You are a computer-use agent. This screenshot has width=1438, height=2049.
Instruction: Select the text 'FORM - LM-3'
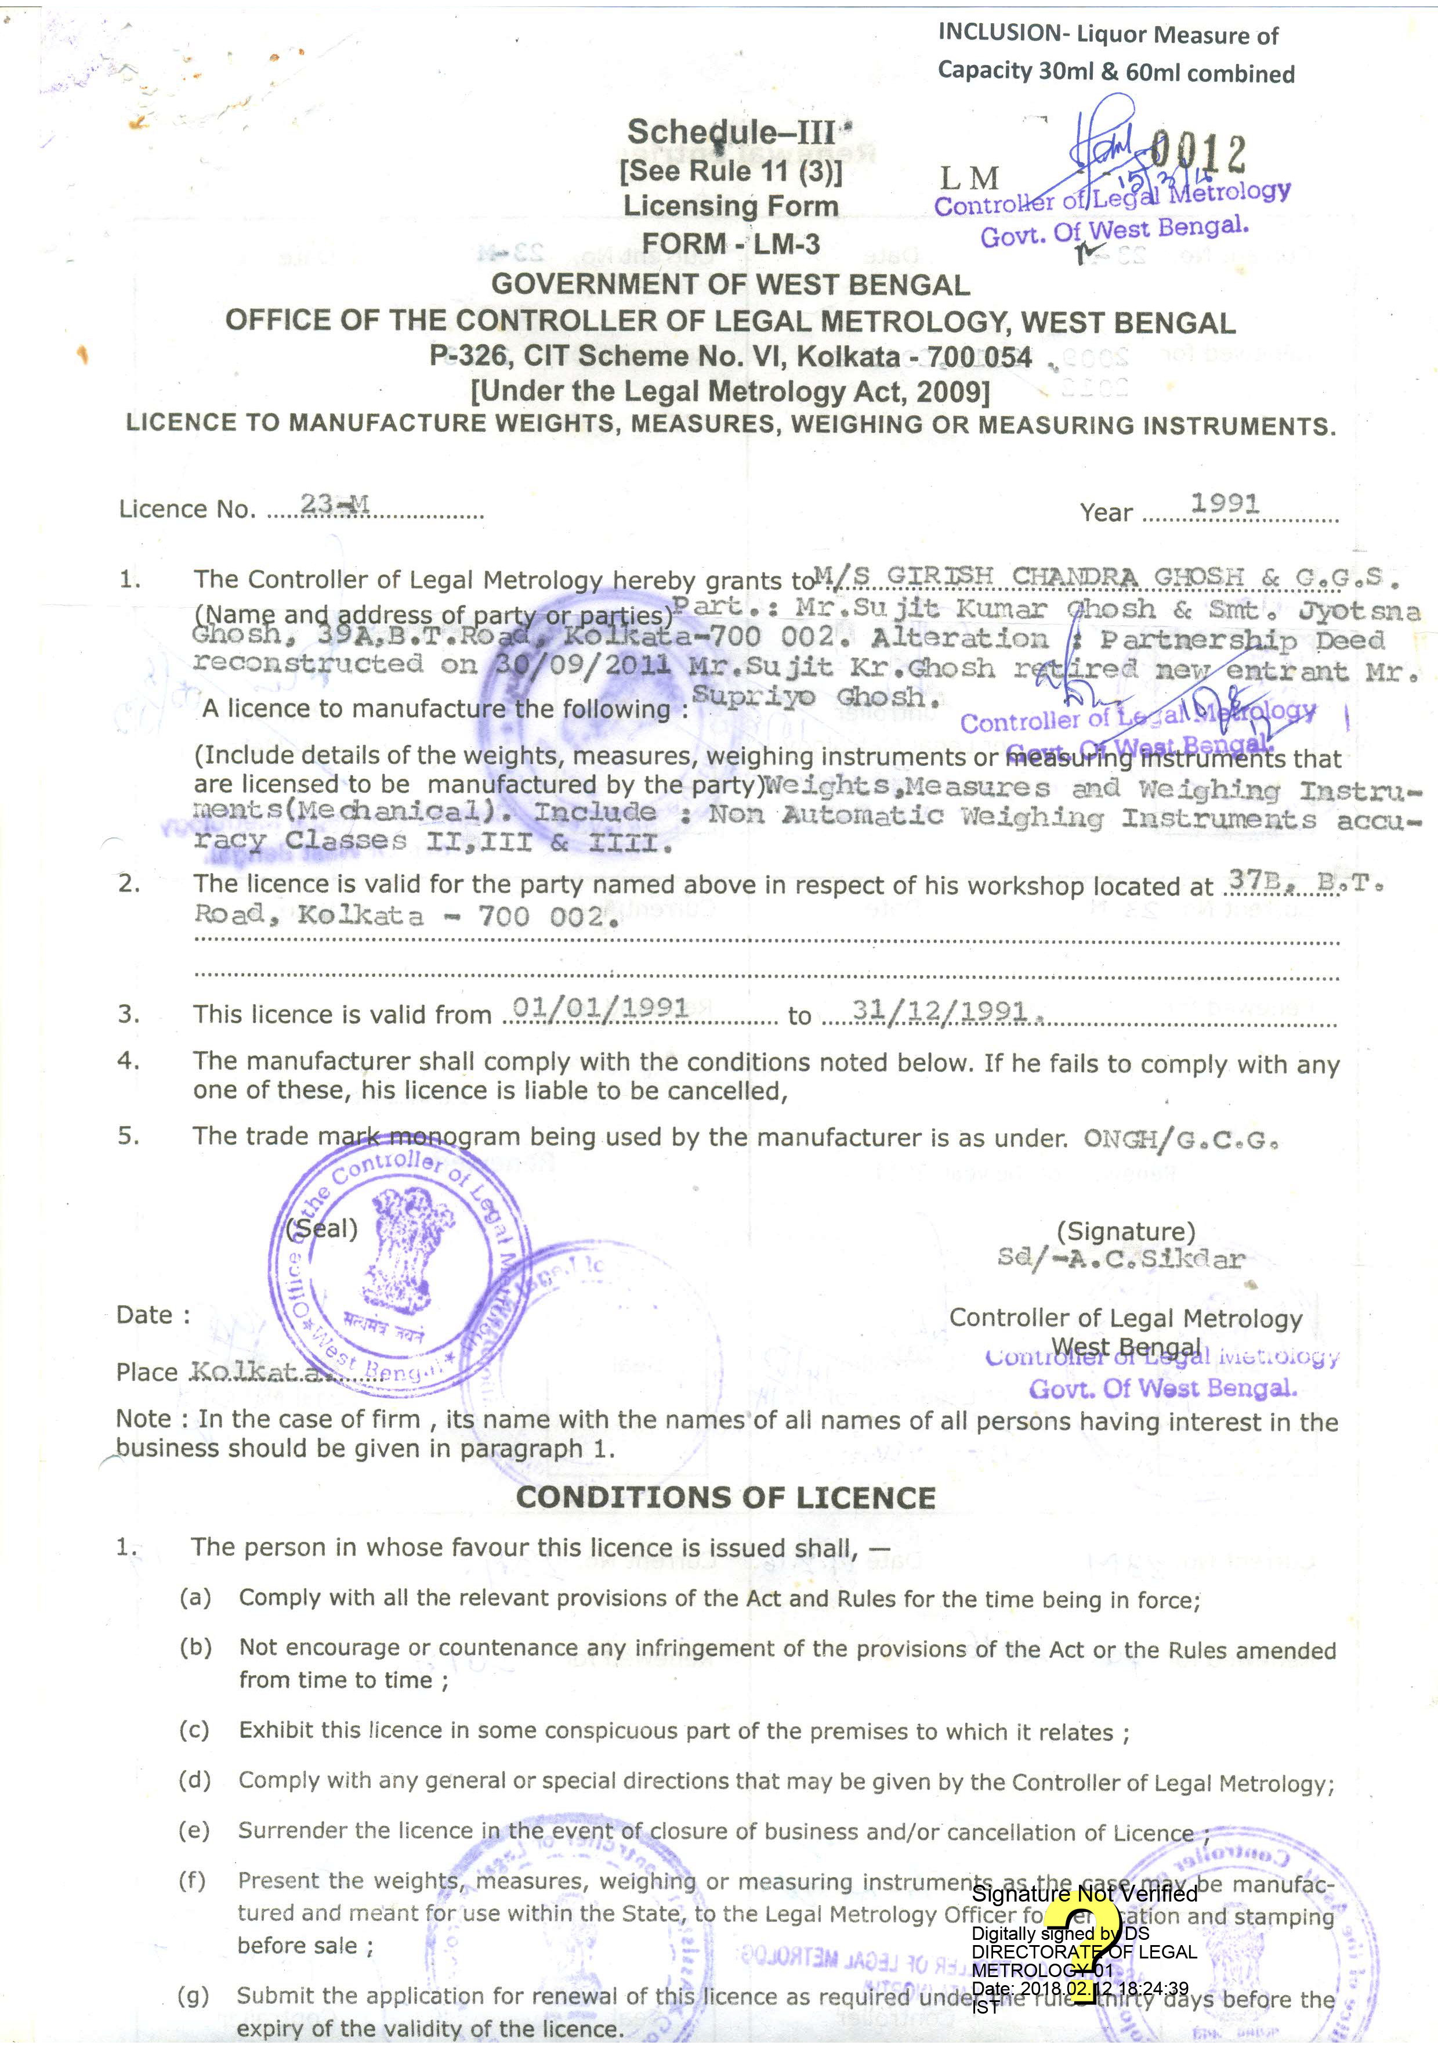tap(730, 244)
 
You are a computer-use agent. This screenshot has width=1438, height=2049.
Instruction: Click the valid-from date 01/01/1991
tap(599, 1008)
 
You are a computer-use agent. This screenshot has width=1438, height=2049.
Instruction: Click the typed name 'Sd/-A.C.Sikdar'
tap(1121, 1259)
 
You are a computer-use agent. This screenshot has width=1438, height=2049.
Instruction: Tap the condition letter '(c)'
tap(194, 1730)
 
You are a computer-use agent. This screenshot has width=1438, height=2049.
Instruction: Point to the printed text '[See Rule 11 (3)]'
tap(730, 171)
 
